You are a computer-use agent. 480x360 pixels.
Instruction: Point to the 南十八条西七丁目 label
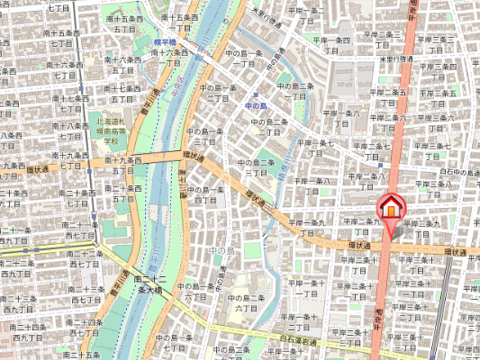point(66,131)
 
